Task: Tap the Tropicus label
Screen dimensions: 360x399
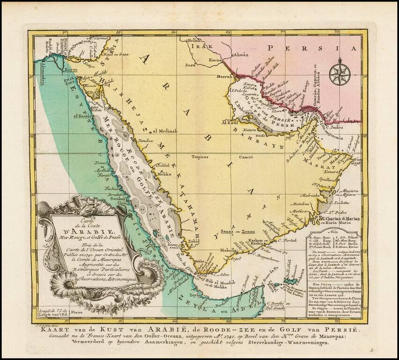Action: (200, 157)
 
